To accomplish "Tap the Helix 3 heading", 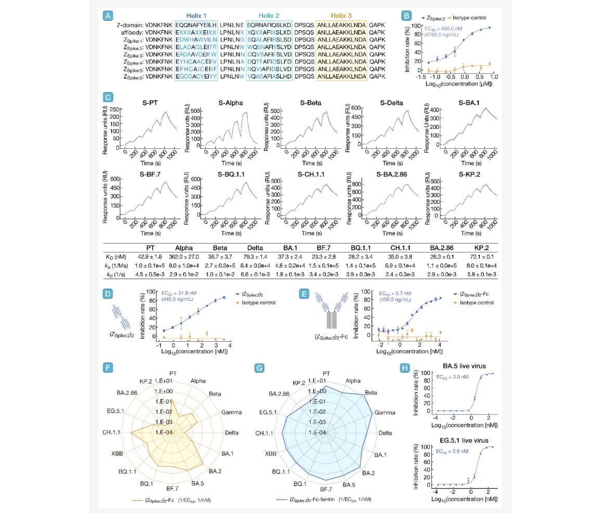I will point(341,16).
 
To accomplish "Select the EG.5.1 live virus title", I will point(457,441).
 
